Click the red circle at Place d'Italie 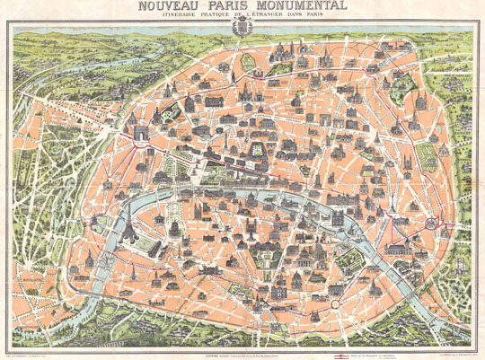coord(334,305)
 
